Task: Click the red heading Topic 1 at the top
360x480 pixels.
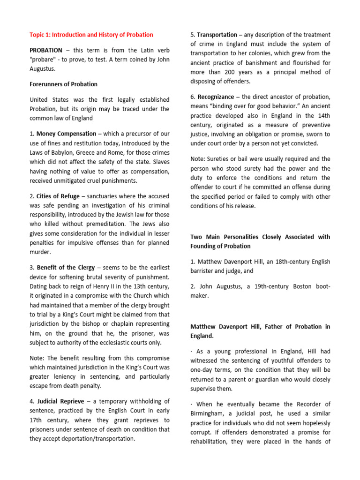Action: tap(91, 35)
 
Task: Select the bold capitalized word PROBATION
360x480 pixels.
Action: tap(46, 50)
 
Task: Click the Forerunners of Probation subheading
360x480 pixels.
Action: tap(64, 84)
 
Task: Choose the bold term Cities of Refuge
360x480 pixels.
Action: tap(56, 196)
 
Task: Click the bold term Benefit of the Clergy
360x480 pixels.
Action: tap(65, 268)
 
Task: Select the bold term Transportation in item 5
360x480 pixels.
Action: tap(217, 35)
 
